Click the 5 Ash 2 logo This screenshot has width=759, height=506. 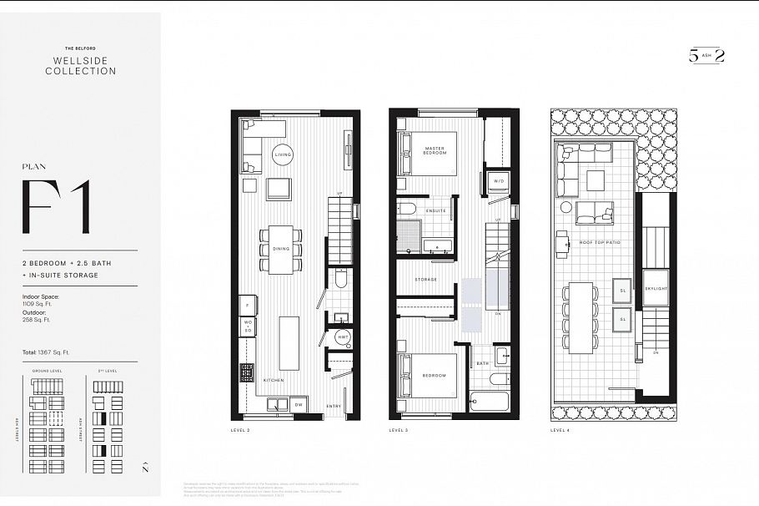pyautogui.click(x=706, y=56)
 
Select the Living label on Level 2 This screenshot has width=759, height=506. pyautogui.click(x=284, y=155)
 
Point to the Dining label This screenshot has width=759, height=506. pyautogui.click(x=282, y=249)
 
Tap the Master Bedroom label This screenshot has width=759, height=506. pyautogui.click(x=434, y=150)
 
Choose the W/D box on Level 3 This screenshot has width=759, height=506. pyautogui.click(x=500, y=180)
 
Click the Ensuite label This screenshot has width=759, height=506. pyautogui.click(x=435, y=210)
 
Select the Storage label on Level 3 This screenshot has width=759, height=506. pyautogui.click(x=427, y=280)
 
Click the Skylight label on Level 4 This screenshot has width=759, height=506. pyautogui.click(x=656, y=288)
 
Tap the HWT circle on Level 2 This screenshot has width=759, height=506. pyautogui.click(x=342, y=336)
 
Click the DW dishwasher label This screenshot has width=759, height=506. pyautogui.click(x=299, y=406)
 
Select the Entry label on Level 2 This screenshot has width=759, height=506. pyautogui.click(x=334, y=406)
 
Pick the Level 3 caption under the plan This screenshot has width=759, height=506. pyautogui.click(x=400, y=430)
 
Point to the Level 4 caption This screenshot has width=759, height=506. pyautogui.click(x=560, y=430)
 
